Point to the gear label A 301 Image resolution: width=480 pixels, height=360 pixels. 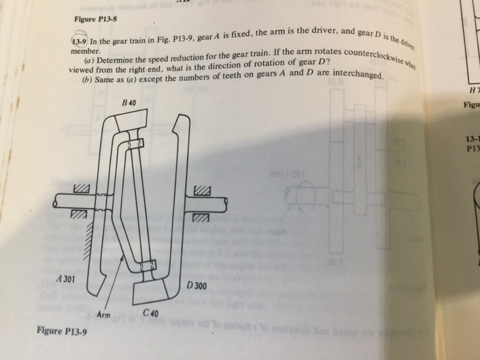pos(67,280)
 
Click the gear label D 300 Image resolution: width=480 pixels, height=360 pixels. pos(196,285)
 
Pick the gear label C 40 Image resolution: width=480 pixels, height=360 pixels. pos(150,313)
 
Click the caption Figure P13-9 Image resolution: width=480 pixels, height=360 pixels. pos(62,331)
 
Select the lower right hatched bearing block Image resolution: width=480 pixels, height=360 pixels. pos(200,218)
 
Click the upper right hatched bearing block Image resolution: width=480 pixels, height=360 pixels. pos(201,189)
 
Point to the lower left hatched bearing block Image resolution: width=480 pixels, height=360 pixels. pos(80,217)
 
